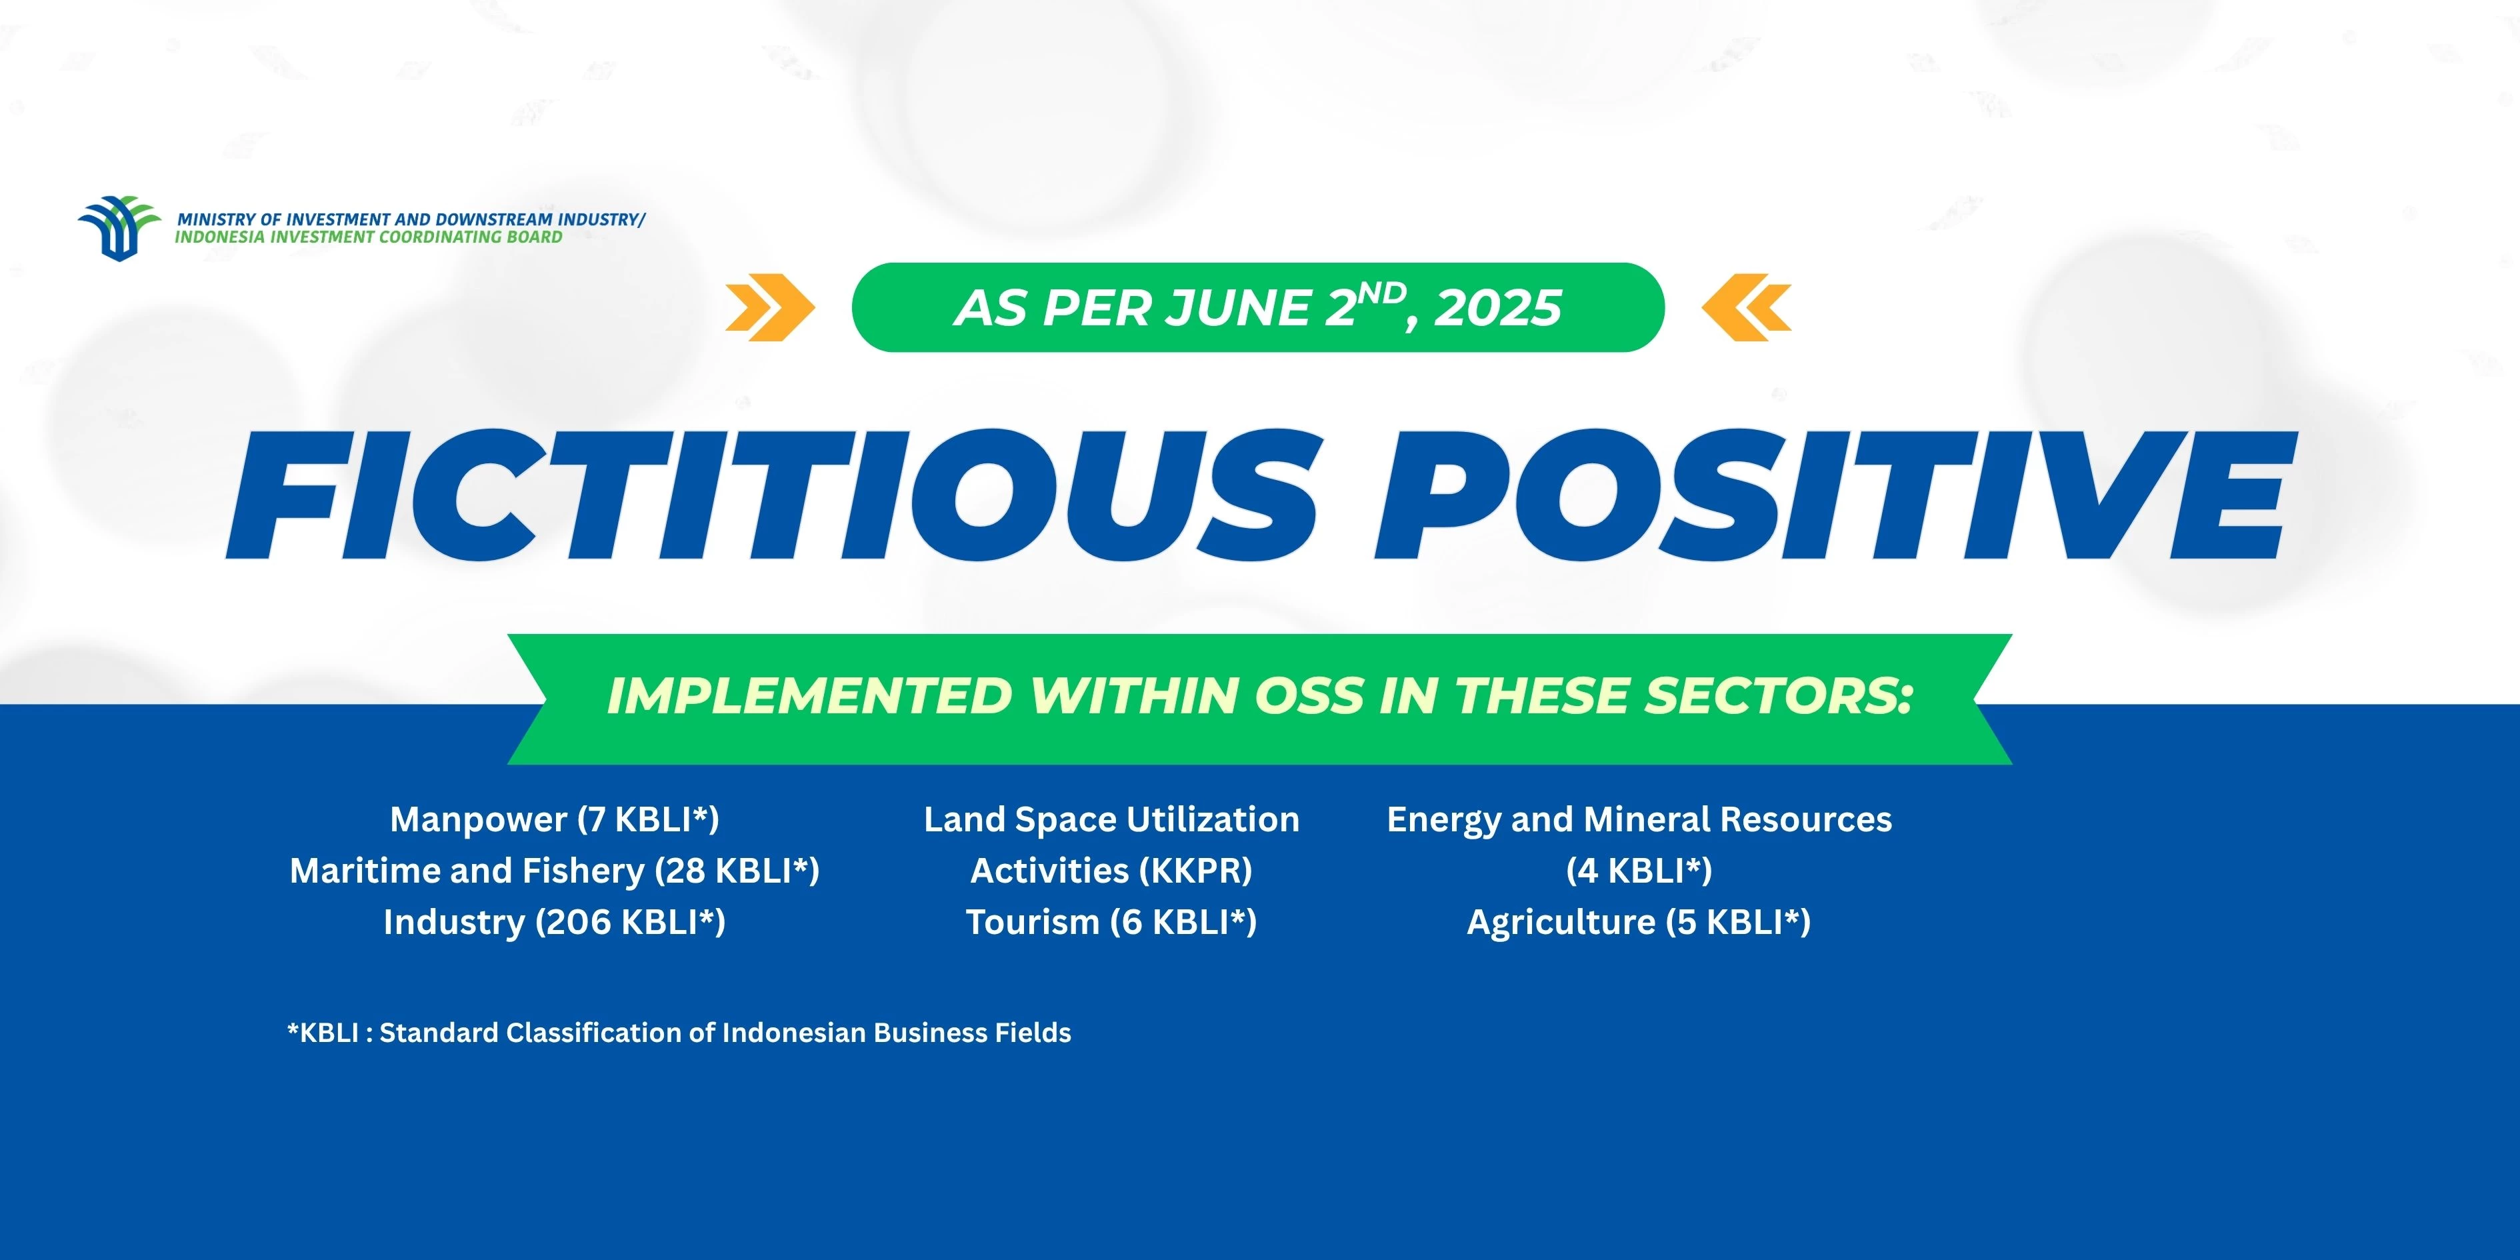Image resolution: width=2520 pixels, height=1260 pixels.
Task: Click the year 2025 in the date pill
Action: point(1498,308)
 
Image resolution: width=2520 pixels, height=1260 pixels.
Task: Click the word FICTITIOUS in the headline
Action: point(773,495)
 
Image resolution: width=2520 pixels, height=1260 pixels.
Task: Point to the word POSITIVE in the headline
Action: point(1830,495)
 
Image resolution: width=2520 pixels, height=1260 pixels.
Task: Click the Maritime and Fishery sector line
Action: point(555,871)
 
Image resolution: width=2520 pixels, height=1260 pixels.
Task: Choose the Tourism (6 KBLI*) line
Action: point(1111,921)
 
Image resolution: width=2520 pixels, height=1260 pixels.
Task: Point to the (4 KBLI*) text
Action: point(1639,871)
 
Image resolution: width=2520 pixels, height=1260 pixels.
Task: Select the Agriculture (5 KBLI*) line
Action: point(1639,921)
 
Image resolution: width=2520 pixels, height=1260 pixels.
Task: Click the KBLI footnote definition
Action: point(679,1033)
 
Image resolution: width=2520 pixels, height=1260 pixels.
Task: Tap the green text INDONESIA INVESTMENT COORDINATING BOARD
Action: point(369,237)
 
